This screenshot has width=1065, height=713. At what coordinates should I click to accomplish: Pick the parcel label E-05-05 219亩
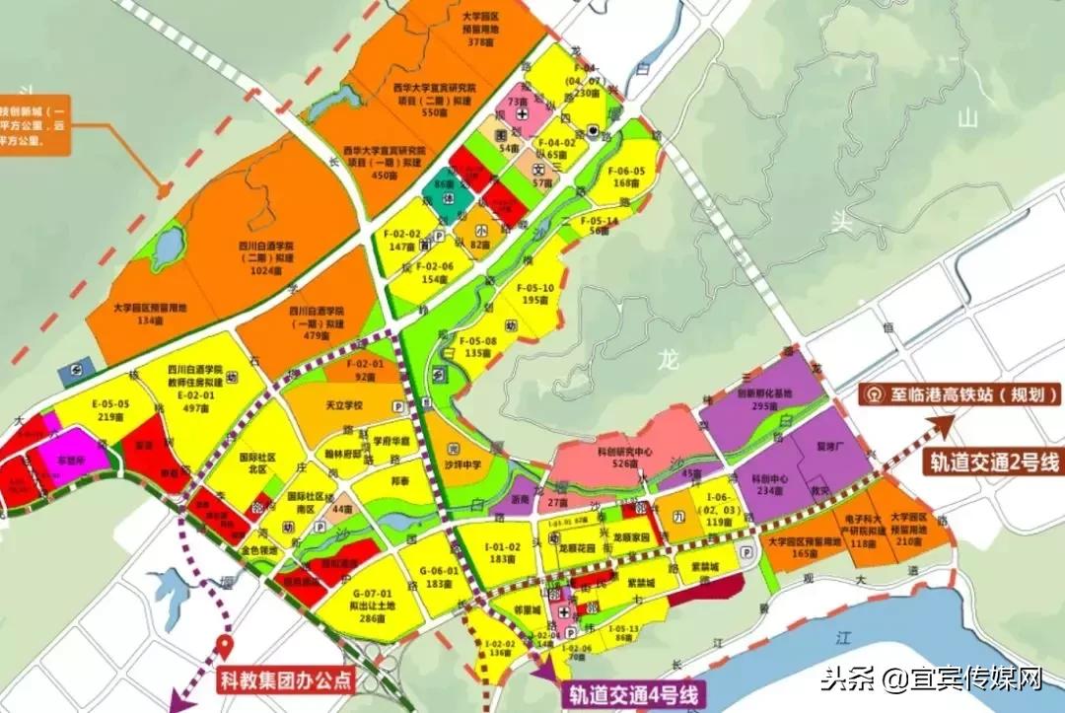coord(110,410)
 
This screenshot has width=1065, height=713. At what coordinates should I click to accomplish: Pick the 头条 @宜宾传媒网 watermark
coord(933,678)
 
